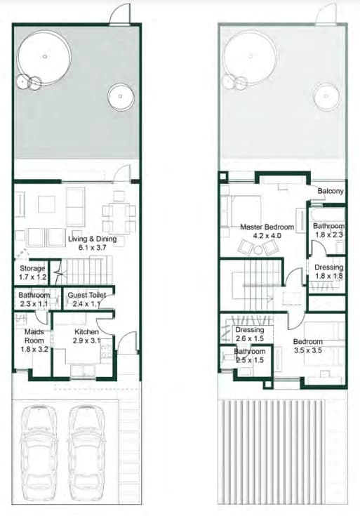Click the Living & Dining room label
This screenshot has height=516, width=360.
[x=93, y=243]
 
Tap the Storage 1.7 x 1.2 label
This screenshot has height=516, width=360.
[x=32, y=272]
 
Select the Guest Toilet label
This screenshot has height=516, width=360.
[x=87, y=295]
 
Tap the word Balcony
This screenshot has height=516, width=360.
[x=331, y=191]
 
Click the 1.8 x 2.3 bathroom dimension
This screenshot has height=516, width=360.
[x=329, y=234]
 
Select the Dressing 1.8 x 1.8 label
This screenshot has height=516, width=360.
[x=329, y=272]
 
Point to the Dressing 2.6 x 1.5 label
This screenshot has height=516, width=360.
[x=250, y=334]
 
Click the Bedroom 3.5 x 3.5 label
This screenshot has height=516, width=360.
[x=308, y=346]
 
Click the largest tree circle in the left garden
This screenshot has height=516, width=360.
[x=44, y=58]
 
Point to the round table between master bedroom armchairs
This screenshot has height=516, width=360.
[x=258, y=250]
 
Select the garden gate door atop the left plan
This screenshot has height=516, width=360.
[x=120, y=15]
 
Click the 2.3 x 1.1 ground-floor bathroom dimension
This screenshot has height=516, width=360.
[x=34, y=304]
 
